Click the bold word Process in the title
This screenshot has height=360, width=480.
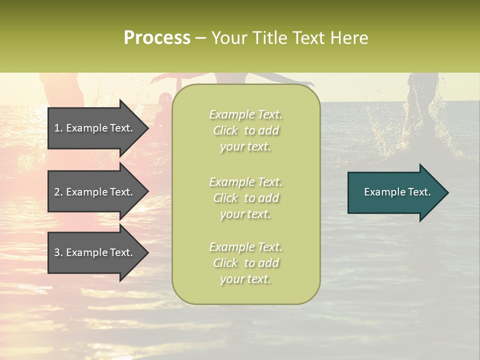pyautogui.click(x=157, y=38)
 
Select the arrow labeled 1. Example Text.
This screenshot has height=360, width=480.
pyautogui.click(x=95, y=128)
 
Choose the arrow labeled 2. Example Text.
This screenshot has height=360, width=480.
pyautogui.click(x=95, y=192)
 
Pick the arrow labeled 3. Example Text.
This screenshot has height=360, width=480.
pyautogui.click(x=95, y=252)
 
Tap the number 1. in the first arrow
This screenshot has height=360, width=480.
pyautogui.click(x=58, y=128)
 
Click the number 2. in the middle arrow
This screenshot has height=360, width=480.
pyautogui.click(x=58, y=192)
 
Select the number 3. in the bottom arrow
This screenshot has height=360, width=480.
pyautogui.click(x=58, y=252)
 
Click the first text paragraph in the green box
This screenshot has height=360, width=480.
pyautogui.click(x=245, y=130)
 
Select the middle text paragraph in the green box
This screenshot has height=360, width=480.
pyautogui.click(x=245, y=198)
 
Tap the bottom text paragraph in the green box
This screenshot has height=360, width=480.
pyautogui.click(x=245, y=263)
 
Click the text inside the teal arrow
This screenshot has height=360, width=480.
pyautogui.click(x=397, y=192)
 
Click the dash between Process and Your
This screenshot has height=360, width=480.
pyautogui.click(x=200, y=38)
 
